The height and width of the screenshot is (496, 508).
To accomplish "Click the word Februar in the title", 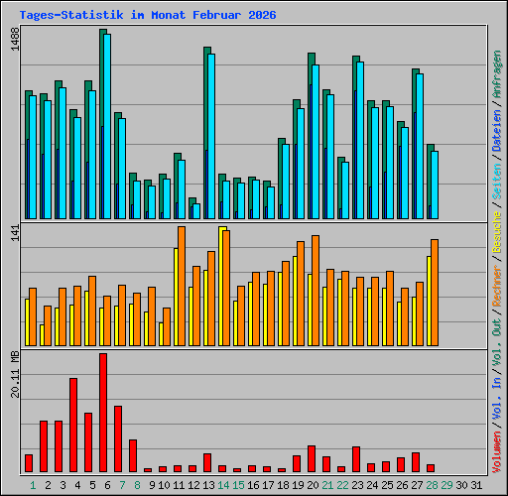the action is tap(217, 15).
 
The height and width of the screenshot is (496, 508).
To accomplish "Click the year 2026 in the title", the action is tap(262, 15).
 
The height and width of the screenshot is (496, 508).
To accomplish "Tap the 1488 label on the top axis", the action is tap(15, 39).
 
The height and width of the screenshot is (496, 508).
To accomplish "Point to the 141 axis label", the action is tap(15, 232).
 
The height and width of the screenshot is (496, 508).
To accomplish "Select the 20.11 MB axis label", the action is tap(15, 374).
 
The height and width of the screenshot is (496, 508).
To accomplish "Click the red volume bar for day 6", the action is tap(103, 413).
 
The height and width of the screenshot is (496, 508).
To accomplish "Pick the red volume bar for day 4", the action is tap(73, 425).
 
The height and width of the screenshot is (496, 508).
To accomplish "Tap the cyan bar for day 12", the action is tap(196, 211).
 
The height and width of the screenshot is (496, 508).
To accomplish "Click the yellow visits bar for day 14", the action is tap(222, 287).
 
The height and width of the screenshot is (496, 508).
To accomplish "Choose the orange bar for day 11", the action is tap(182, 287).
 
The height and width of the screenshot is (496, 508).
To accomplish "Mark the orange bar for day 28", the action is tap(435, 293).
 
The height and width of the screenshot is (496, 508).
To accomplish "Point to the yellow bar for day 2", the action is tap(42, 335).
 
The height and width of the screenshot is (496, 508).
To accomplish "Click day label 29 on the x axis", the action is tap(446, 485).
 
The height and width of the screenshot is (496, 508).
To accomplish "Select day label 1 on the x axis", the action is tap(33, 485).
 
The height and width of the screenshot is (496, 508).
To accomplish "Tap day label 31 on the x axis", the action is tap(476, 485).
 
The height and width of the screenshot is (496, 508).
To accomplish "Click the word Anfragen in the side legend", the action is tap(496, 74).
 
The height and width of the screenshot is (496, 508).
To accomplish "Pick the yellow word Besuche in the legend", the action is tap(496, 232).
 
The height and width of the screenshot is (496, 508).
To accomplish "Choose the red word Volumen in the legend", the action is tap(496, 452).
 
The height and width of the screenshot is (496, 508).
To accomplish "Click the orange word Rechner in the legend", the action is tap(496, 286).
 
